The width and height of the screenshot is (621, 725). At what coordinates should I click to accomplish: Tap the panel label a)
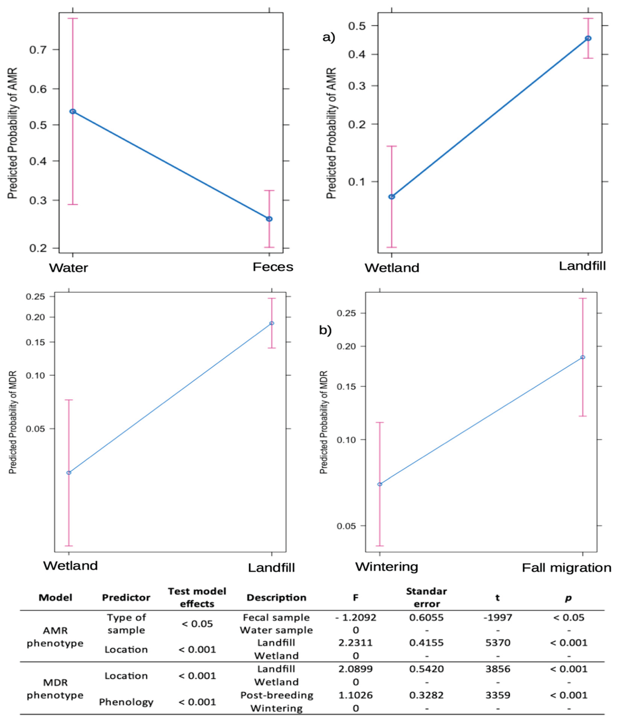[329, 37]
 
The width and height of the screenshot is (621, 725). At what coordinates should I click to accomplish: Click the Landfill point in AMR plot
[588, 38]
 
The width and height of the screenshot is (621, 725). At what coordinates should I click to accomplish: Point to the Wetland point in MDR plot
[69, 473]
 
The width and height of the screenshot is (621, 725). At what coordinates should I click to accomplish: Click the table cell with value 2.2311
[355, 643]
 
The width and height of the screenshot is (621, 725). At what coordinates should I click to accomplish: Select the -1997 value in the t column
[498, 618]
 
